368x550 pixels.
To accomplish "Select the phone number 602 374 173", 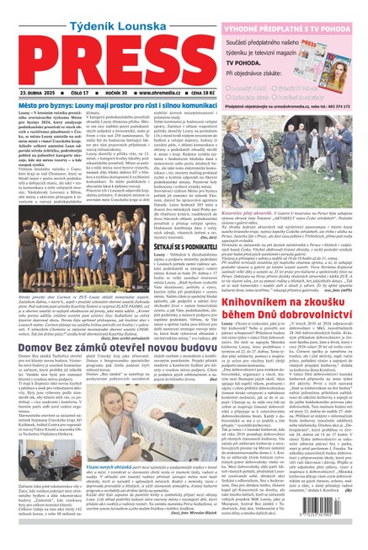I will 346,107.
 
